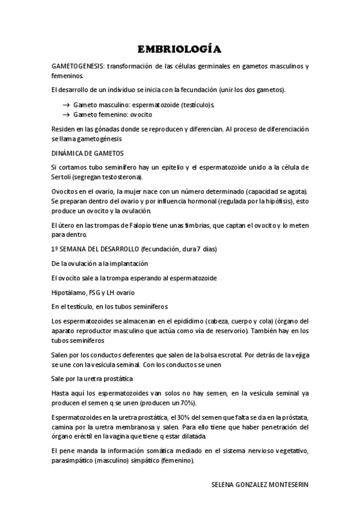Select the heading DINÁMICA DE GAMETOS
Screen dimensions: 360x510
tap(87, 153)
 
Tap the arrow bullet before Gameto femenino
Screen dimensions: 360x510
tap(66, 114)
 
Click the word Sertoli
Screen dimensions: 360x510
tap(63, 177)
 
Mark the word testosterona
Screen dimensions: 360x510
tap(120, 177)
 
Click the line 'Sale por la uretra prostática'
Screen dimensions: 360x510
tap(92, 378)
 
